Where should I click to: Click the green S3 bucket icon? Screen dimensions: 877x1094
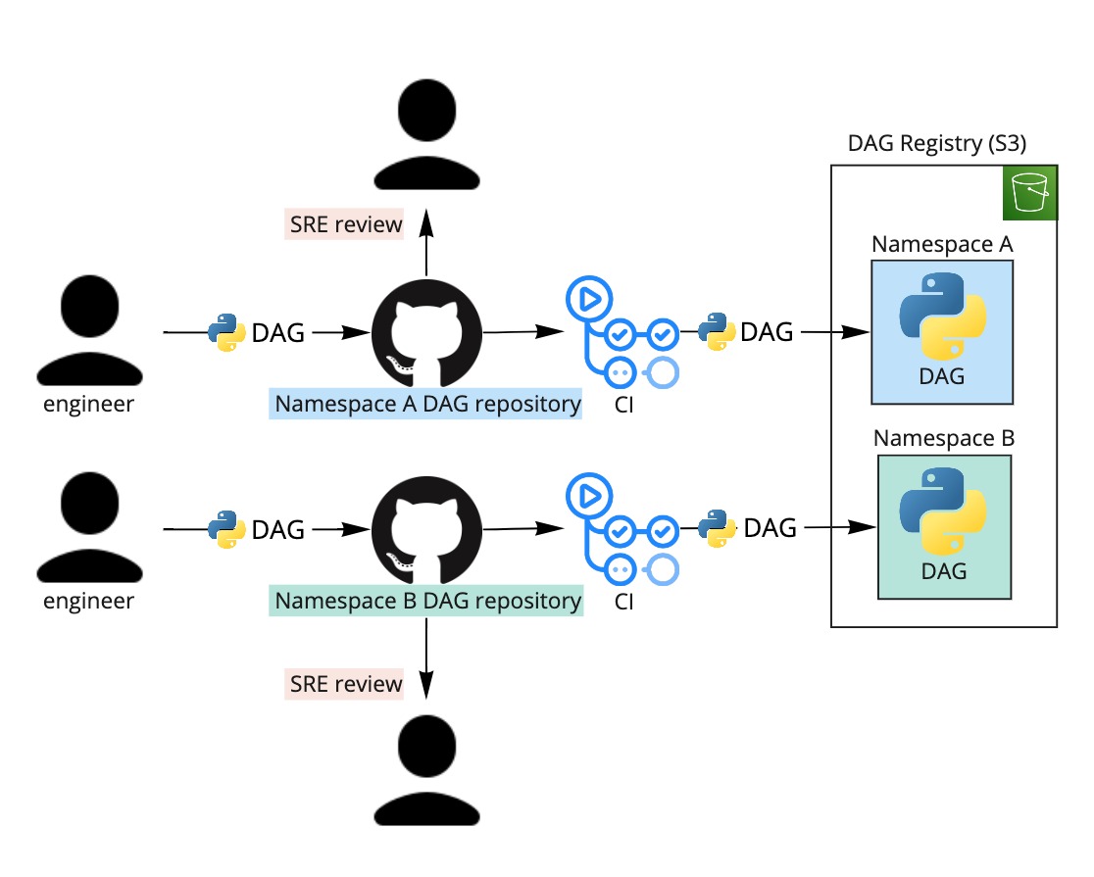(x=1031, y=196)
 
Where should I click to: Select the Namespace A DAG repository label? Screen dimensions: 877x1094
(x=427, y=404)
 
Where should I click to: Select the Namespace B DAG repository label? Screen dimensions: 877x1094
(x=428, y=600)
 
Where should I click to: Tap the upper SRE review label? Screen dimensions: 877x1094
(x=345, y=224)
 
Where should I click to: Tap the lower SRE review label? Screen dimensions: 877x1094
(x=345, y=683)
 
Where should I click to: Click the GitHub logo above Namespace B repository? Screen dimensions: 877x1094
(x=427, y=529)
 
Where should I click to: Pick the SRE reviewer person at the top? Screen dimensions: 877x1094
(x=427, y=135)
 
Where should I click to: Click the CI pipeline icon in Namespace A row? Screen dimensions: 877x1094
(x=622, y=333)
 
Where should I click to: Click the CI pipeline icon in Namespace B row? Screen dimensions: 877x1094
(x=622, y=529)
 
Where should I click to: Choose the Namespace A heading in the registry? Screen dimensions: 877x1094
(x=942, y=244)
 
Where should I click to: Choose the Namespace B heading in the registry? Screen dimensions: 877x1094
(x=943, y=438)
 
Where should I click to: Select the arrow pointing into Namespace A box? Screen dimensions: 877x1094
(x=835, y=333)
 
